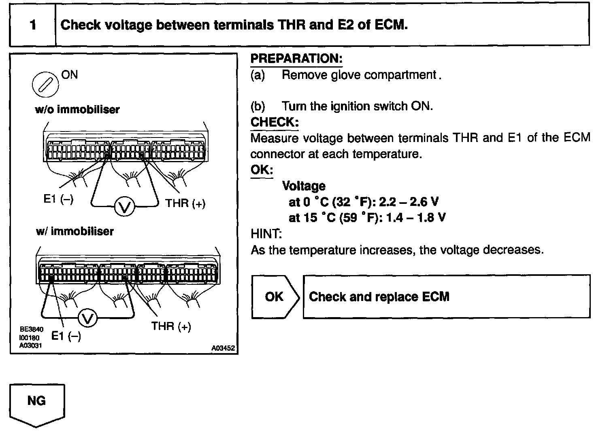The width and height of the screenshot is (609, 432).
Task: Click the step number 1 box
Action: pyautogui.click(x=33, y=25)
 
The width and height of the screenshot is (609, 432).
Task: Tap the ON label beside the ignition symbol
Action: pyautogui.click(x=69, y=75)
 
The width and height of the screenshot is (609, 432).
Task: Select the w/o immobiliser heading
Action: pyautogui.click(x=77, y=110)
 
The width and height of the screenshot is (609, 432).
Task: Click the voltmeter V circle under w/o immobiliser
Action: pyautogui.click(x=124, y=208)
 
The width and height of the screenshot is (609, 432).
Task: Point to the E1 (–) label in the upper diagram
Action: pyautogui.click(x=58, y=199)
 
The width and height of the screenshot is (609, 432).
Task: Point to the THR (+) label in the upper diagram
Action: pyautogui.click(x=185, y=203)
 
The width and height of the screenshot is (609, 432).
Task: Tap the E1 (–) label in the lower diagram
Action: pyautogui.click(x=66, y=336)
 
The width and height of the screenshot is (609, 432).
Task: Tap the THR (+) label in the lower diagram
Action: pyautogui.click(x=171, y=326)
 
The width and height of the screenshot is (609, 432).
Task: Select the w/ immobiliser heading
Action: pyautogui.click(x=75, y=231)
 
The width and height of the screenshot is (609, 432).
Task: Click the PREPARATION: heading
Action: pyautogui.click(x=296, y=59)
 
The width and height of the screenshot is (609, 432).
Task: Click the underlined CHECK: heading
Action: pyautogui.click(x=275, y=122)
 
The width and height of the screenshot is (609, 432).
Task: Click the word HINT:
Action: pyautogui.click(x=266, y=234)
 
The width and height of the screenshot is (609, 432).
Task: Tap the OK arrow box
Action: pyautogui.click(x=275, y=297)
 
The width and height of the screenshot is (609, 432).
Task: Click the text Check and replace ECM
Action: pyautogui.click(x=379, y=297)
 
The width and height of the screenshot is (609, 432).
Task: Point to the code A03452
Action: pyautogui.click(x=223, y=348)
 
